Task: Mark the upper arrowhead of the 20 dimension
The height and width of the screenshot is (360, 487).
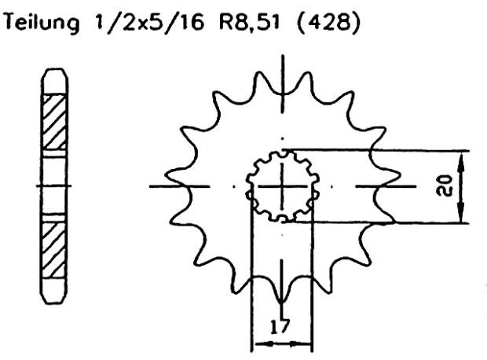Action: (461, 156)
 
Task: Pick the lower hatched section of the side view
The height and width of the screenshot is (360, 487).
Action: (54, 248)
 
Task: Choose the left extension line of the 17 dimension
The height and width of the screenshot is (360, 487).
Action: (251, 275)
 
